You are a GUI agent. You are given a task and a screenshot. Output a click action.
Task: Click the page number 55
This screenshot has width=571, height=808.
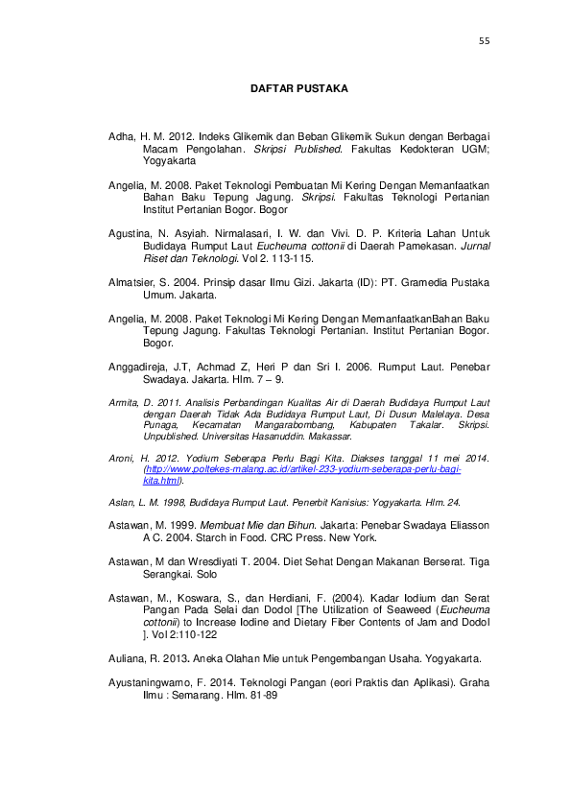point(484,41)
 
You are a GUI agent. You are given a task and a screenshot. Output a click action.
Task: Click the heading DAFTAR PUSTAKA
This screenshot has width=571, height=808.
point(298,88)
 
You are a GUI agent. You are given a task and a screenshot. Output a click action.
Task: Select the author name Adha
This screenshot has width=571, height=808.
point(121,137)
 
